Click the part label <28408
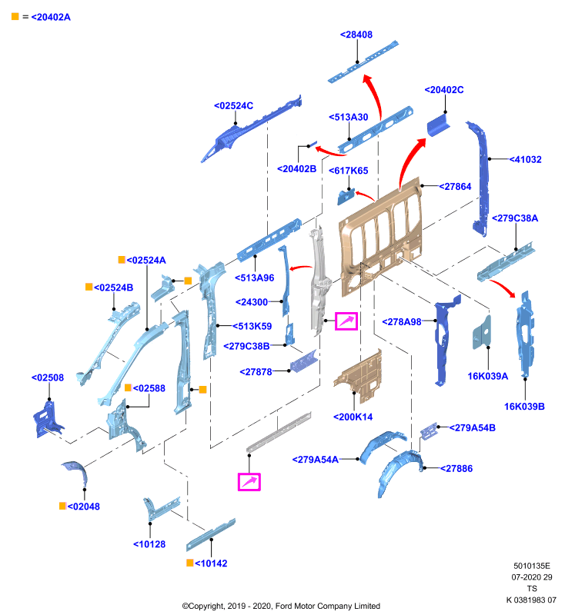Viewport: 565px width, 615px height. coord(356,35)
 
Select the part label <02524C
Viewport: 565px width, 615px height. coord(233,106)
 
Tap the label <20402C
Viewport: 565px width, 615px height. coord(444,90)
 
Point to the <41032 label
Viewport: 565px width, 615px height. coord(525,159)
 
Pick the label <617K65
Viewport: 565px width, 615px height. coord(348,171)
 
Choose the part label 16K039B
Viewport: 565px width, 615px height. coord(524,407)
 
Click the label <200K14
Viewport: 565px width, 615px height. coord(353,417)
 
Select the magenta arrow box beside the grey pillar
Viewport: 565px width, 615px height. coord(346,321)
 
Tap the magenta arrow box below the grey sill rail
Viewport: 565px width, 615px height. coord(249,482)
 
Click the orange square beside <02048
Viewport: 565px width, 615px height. coord(62,506)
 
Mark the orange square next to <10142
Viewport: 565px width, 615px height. coord(189,563)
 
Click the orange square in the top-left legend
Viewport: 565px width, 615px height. coord(15,16)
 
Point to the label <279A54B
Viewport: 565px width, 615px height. coord(473,428)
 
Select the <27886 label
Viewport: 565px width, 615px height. coord(456,468)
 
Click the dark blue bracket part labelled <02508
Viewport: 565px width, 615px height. coord(47,420)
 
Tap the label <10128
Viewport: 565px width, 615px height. coord(149,544)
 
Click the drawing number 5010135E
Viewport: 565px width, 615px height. coord(532,566)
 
